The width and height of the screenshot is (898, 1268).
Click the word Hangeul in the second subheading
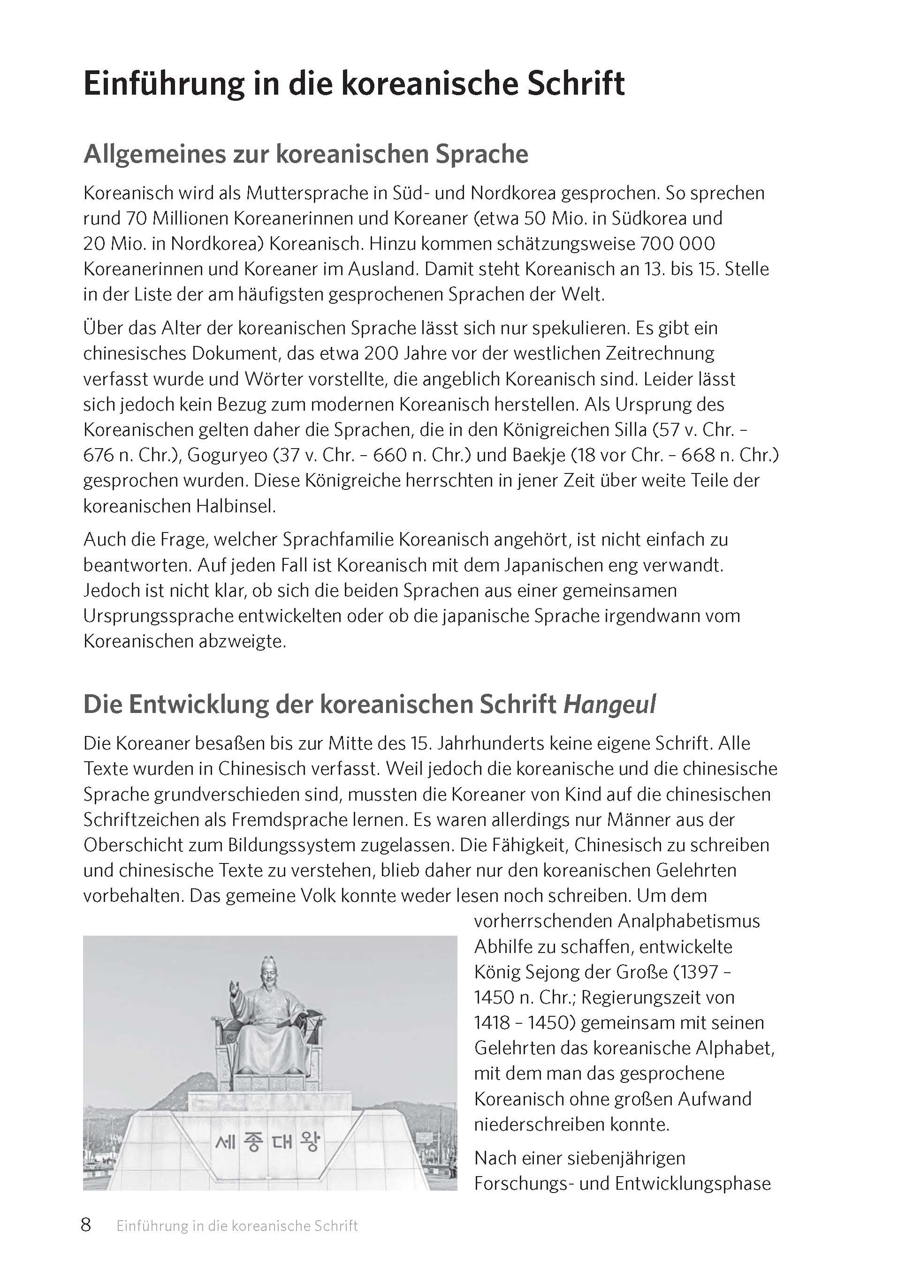pyautogui.click(x=609, y=705)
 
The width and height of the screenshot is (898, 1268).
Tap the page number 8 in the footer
pyautogui.click(x=86, y=1225)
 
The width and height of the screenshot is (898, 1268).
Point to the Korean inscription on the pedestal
pyautogui.click(x=267, y=1142)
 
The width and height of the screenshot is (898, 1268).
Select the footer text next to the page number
pyautogui.click(x=236, y=1226)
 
